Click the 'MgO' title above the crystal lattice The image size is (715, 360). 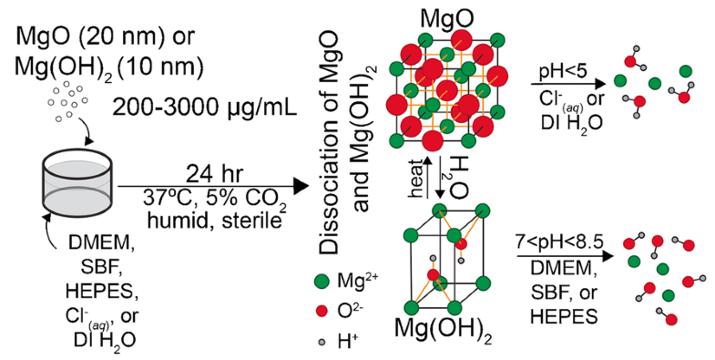[x=449, y=18]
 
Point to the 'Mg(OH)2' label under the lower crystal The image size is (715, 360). [x=447, y=334]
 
